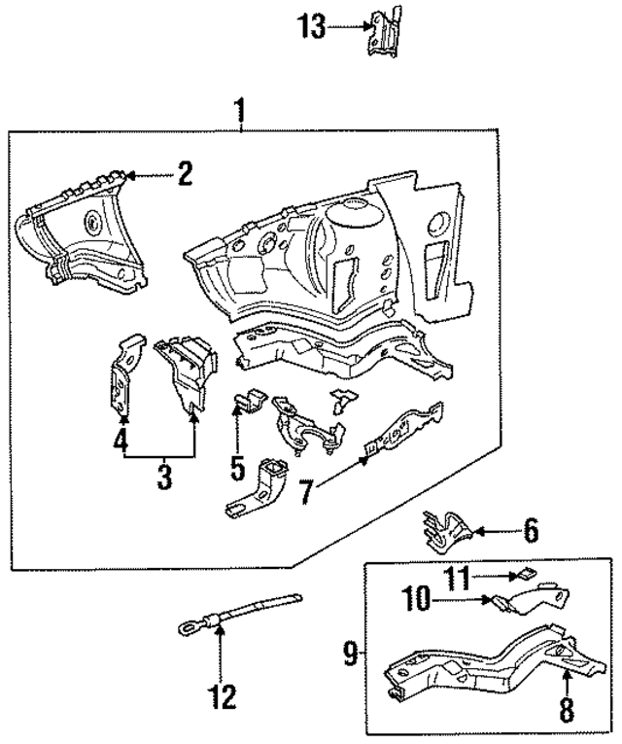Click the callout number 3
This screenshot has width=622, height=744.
click(x=164, y=477)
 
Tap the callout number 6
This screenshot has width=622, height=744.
click(x=530, y=531)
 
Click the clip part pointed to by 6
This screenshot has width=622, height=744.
click(x=443, y=527)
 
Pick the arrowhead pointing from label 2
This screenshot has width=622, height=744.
click(x=134, y=176)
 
